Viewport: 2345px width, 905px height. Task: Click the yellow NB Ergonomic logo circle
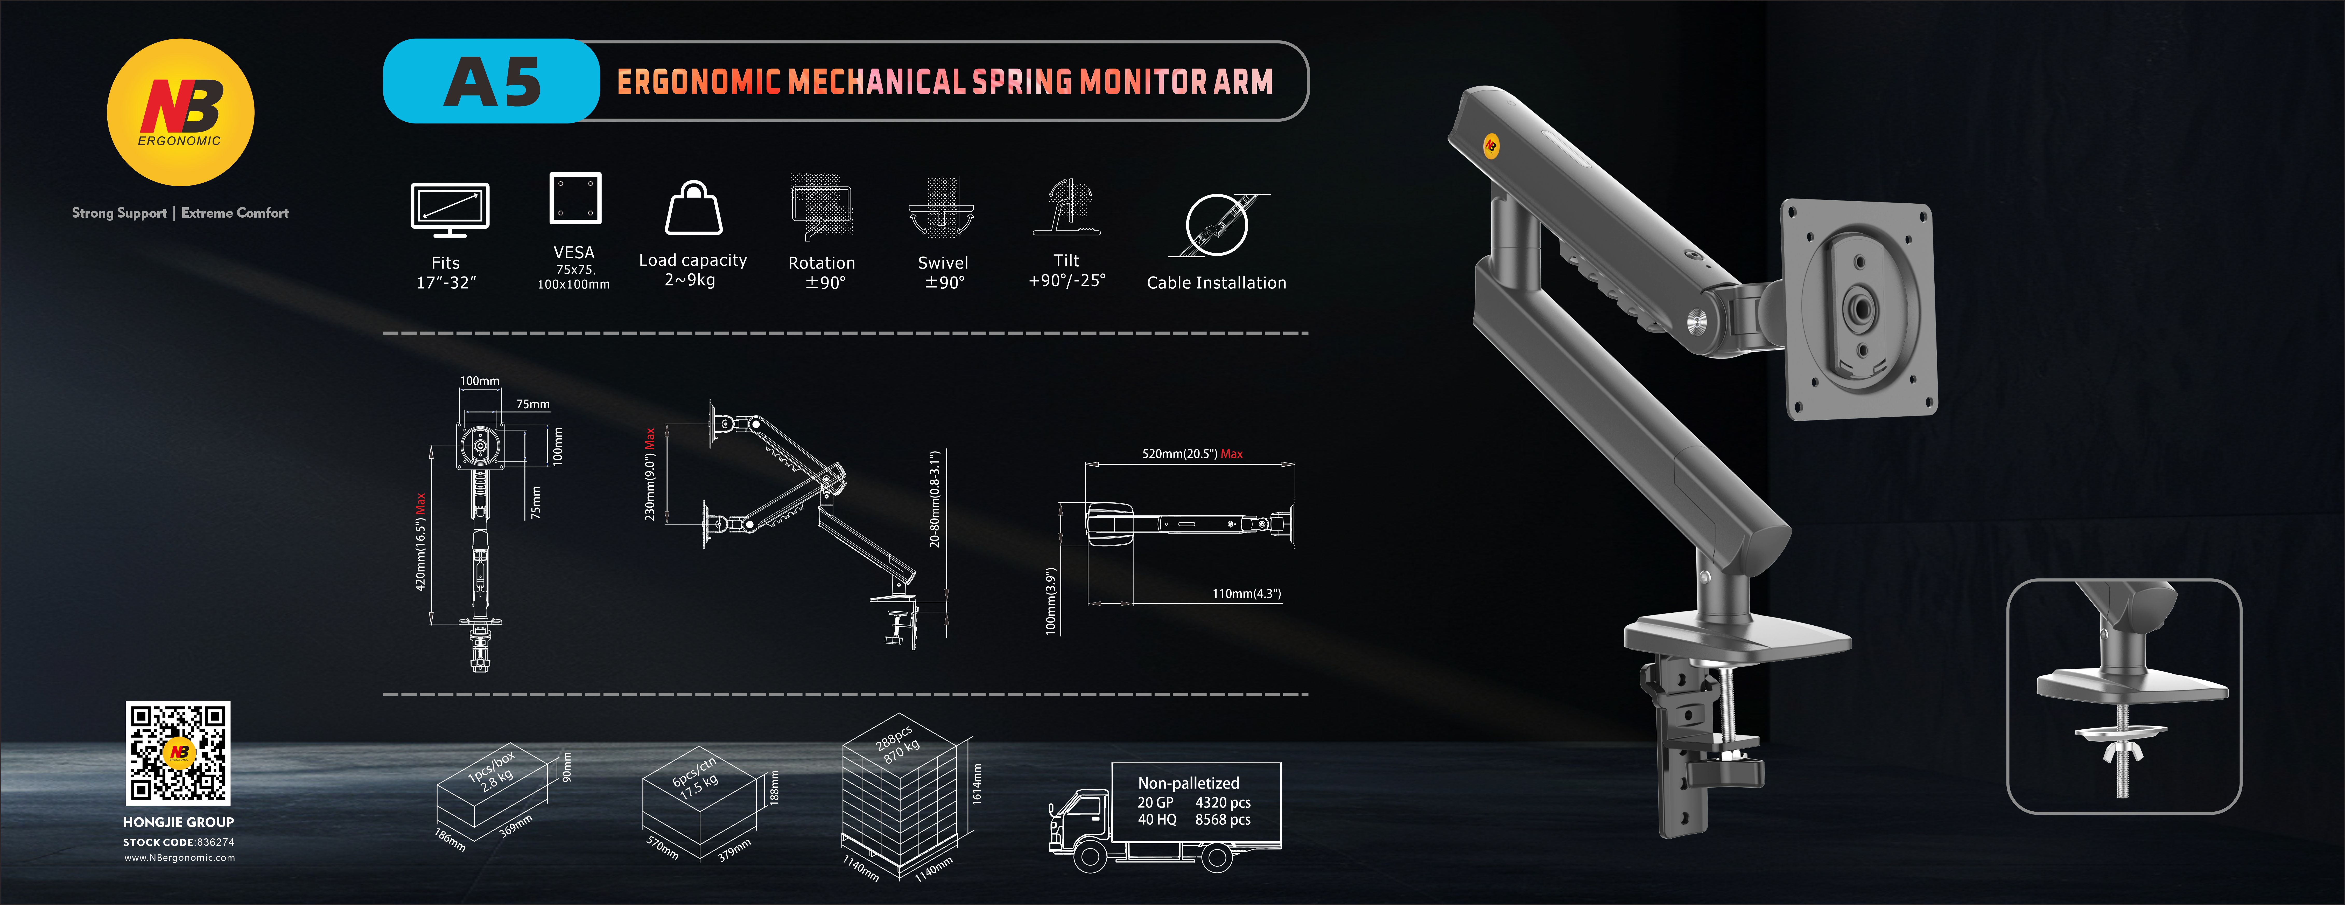(180, 112)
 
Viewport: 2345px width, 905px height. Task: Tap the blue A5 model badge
(492, 81)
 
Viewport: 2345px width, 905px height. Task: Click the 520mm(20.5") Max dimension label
(1192, 453)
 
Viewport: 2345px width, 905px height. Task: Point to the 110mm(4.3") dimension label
(1245, 594)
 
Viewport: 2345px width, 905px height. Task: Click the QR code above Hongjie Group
(178, 752)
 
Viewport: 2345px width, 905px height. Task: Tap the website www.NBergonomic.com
(179, 858)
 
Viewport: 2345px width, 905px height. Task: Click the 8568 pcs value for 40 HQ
(1223, 819)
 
